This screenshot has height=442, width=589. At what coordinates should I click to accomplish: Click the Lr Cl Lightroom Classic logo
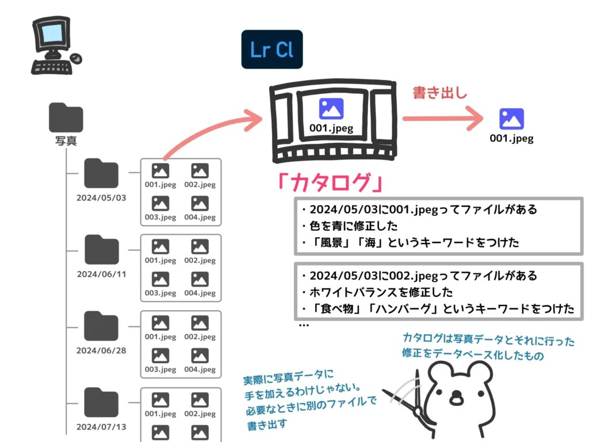pos(271,49)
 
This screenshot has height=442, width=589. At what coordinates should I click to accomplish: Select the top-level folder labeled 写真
pos(66,119)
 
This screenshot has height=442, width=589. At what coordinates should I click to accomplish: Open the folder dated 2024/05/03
pos(101,174)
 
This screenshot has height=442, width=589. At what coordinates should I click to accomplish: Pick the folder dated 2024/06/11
pos(101,250)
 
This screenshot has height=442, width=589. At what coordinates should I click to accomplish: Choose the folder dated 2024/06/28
pos(101,326)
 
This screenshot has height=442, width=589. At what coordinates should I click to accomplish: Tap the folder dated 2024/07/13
pos(101,403)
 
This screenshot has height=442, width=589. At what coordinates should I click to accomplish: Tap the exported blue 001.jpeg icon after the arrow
pos(511,119)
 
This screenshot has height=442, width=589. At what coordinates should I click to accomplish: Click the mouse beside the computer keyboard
pos(76,58)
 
